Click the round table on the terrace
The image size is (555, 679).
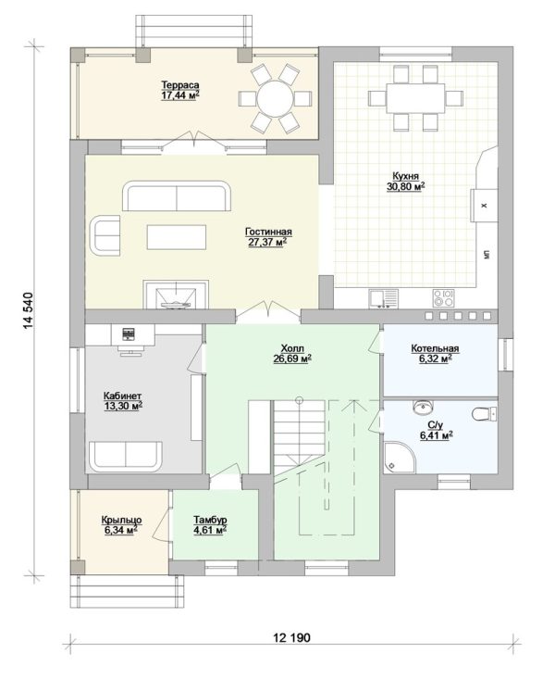tap(275, 99)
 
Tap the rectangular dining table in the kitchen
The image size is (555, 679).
tap(415, 98)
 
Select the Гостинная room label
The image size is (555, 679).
tap(268, 232)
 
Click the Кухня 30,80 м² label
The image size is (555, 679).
tap(406, 182)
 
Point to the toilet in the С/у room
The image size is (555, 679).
tap(484, 414)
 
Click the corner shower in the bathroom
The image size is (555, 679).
tap(399, 457)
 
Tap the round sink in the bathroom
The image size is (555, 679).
tap(423, 407)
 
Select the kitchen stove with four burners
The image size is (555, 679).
tap(444, 298)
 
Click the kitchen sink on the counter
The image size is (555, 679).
tap(384, 299)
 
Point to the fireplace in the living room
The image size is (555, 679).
tap(176, 295)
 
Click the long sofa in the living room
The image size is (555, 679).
tap(177, 196)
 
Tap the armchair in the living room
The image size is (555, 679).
tap(105, 235)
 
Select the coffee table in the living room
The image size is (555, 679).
tap(177, 237)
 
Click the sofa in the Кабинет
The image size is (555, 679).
tap(126, 457)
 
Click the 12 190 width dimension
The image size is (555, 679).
tap(291, 637)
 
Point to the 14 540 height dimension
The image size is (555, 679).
tap(29, 310)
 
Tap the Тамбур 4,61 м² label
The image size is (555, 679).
tap(210, 524)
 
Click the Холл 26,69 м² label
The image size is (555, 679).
tap(293, 353)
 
